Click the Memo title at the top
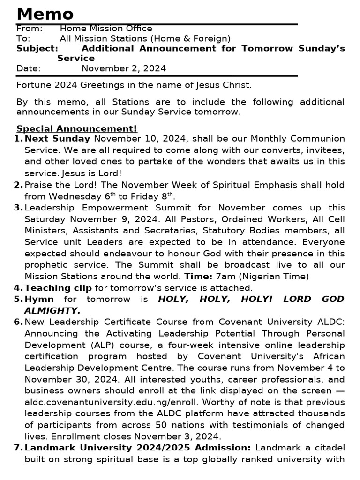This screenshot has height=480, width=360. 45,14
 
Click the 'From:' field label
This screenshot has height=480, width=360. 29,29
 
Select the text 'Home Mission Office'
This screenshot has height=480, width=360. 106,29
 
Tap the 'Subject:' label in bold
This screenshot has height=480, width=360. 37,48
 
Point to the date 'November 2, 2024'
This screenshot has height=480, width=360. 124,68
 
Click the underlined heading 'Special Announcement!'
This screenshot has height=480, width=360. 77,128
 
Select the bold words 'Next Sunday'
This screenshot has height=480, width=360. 57,139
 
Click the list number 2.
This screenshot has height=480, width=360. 18,185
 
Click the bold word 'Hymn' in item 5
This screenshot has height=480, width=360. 39,299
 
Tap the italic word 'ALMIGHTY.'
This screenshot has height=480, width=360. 52,310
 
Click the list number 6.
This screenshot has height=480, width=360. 18,322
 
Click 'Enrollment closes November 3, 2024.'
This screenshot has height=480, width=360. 129,436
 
